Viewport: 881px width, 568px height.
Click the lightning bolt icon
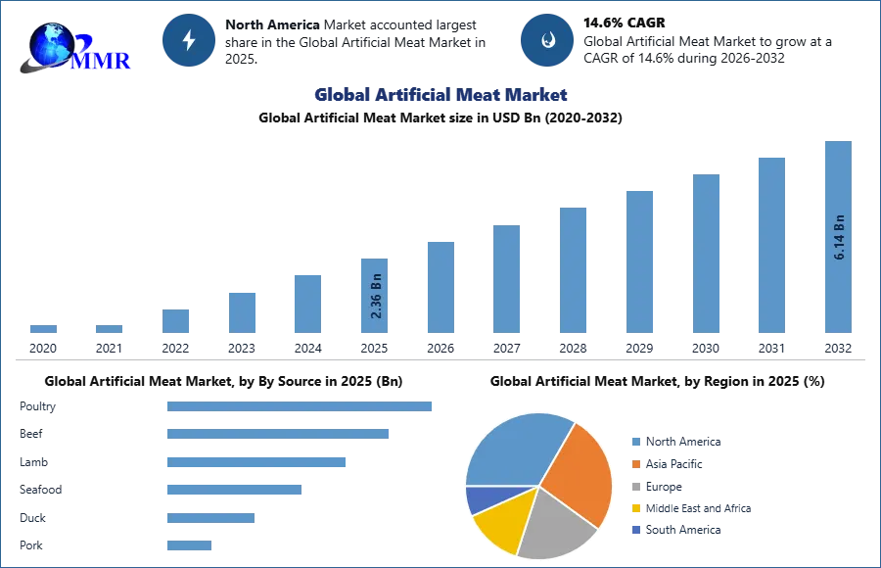[x=189, y=40]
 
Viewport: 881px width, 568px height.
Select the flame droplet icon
[x=547, y=40]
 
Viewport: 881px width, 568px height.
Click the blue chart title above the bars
[x=440, y=95]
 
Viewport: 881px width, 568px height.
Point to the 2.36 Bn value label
[x=376, y=293]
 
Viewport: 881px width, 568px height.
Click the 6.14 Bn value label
[x=839, y=236]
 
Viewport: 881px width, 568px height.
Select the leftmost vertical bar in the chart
[x=43, y=329]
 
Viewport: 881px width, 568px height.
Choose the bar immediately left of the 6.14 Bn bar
[x=770, y=246]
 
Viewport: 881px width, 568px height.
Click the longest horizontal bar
[x=301, y=406]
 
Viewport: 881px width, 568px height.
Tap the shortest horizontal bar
[x=187, y=547]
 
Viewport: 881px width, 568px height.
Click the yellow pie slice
[x=503, y=519]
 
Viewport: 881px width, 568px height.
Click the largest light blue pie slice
[x=514, y=446]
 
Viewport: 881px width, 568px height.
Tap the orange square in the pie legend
[x=635, y=463]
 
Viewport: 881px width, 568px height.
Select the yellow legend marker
[x=635, y=509]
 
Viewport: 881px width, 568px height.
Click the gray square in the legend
[x=635, y=487]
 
